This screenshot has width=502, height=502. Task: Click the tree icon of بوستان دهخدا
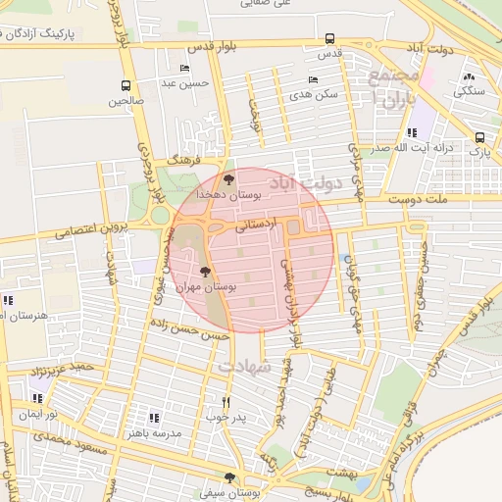tap(228, 179)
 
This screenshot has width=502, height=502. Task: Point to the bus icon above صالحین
tap(125, 85)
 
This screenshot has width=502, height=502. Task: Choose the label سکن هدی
tap(314, 95)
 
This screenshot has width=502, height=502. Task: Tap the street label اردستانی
tap(256, 225)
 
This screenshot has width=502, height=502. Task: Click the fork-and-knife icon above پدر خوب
tap(226, 402)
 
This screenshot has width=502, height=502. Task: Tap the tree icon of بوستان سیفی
tap(229, 477)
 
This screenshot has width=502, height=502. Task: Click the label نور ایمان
tap(37, 415)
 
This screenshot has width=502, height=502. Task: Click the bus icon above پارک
tap(479, 138)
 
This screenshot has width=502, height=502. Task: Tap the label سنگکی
tap(468, 90)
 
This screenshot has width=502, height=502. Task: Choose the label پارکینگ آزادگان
tap(43, 33)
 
